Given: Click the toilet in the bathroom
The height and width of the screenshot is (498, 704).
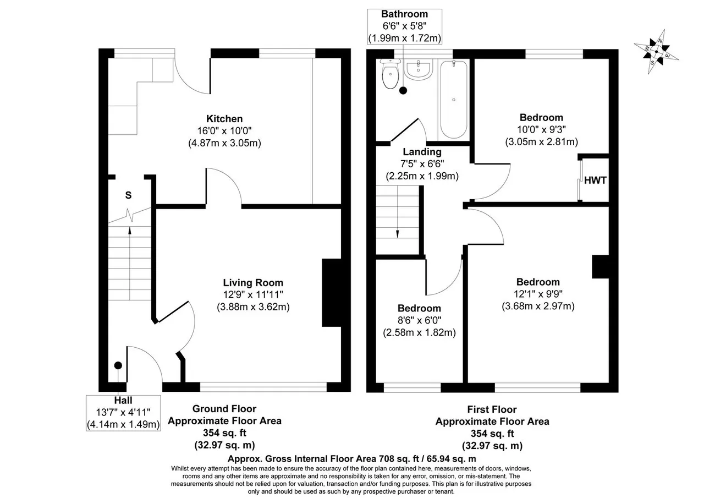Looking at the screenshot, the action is pos(390,74).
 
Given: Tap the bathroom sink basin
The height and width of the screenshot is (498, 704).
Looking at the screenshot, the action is pos(419,69).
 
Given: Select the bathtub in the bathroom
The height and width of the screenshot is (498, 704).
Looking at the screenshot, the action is pos(454,100).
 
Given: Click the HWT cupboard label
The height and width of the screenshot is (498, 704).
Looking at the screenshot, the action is pos(595,180).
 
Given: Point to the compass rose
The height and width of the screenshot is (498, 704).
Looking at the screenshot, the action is pos(656,52).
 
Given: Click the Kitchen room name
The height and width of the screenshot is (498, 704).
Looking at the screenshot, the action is pos(224,119).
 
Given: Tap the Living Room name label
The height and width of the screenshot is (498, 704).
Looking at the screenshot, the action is pos(253,283).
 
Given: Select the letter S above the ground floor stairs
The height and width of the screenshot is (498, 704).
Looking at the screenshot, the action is pos(128,195).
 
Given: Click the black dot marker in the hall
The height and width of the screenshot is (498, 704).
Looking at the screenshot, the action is pos(118,365).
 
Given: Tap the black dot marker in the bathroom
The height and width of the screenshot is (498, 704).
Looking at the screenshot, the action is pos(403,91).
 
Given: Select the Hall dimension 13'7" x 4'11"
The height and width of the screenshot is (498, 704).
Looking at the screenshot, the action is pos(123,412).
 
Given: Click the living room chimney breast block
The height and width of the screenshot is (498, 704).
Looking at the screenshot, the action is pos(332,293).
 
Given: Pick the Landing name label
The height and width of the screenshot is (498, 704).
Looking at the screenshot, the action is pos(422,152).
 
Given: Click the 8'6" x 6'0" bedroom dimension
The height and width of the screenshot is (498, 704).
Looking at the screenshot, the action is pos(419,320).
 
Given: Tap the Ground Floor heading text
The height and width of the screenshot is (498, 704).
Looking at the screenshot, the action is pos(224,409).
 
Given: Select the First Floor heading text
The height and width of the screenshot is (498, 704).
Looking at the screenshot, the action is pos(492,409).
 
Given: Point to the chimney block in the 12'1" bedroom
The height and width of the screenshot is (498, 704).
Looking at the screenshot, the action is pos(601,266).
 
